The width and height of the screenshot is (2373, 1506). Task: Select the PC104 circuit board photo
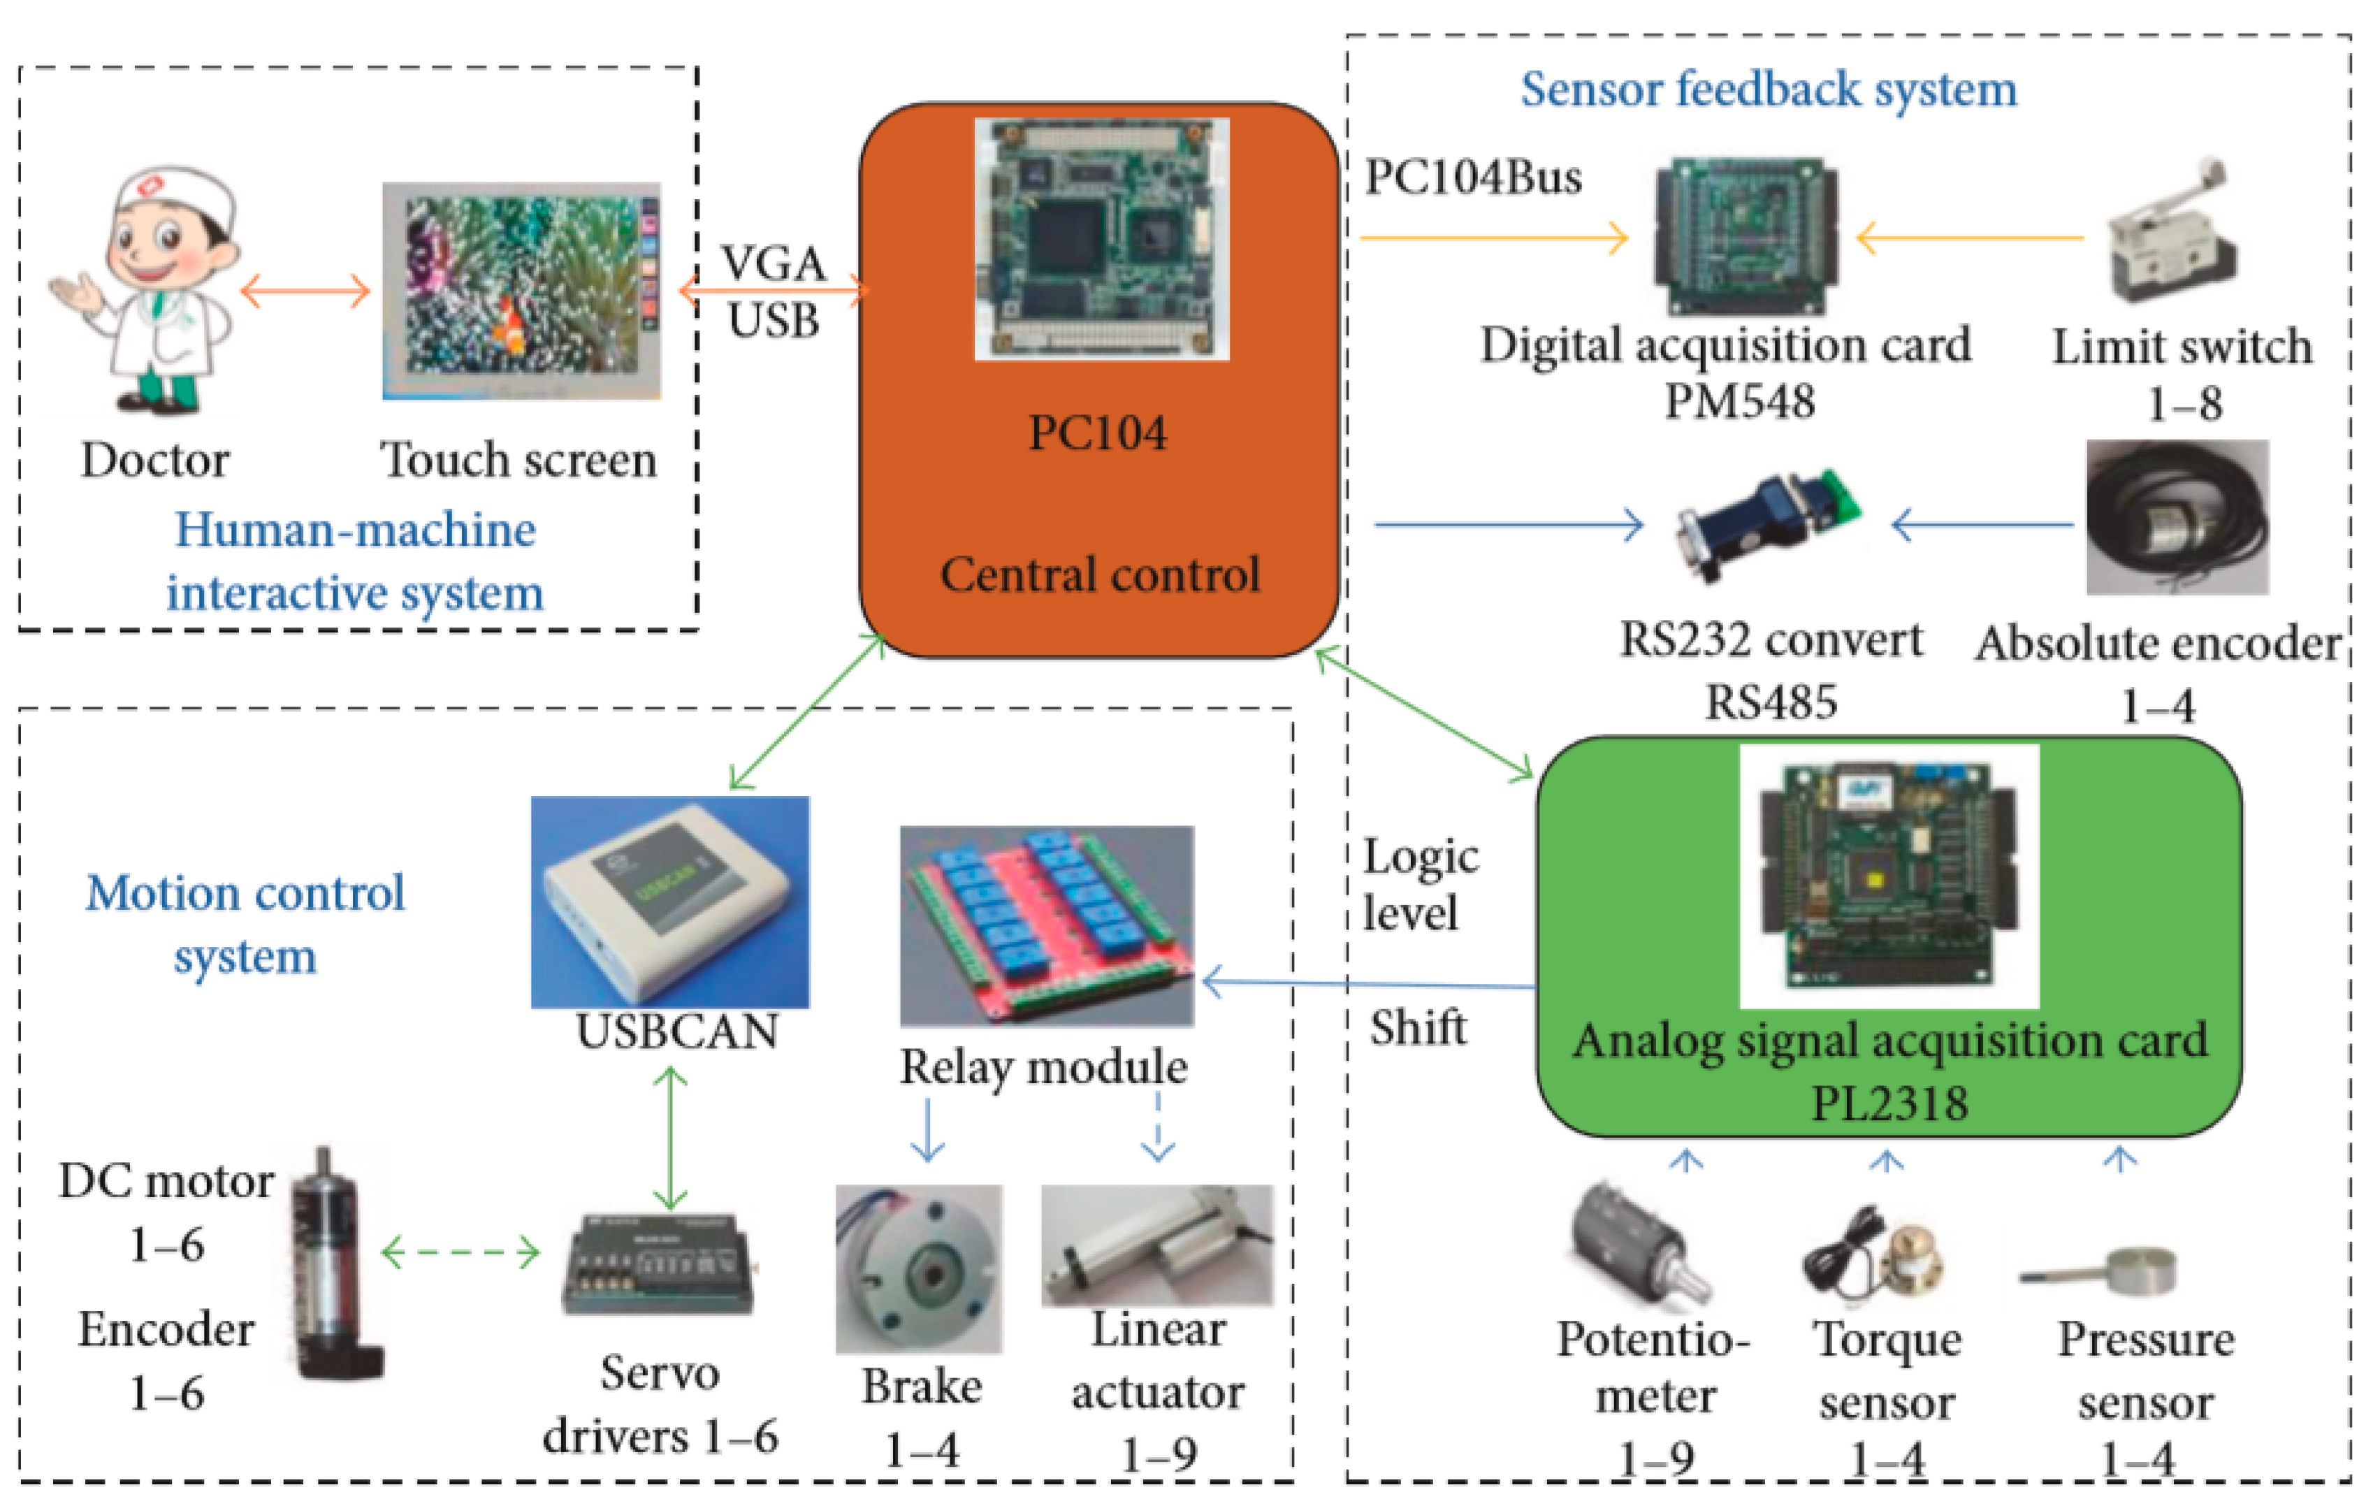[1101, 238]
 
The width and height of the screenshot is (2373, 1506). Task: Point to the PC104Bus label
[1473, 178]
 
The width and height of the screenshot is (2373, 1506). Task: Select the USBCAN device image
[670, 902]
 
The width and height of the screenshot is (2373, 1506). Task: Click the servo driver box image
[658, 1264]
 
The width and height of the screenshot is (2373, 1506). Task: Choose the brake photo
[918, 1270]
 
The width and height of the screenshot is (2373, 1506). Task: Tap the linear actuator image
[1157, 1246]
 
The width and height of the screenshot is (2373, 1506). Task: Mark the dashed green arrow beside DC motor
[460, 1253]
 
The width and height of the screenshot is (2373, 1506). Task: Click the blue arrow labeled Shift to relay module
[1370, 984]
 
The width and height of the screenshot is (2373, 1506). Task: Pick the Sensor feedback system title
[1768, 89]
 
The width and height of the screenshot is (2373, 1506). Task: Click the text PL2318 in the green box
[1889, 1103]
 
